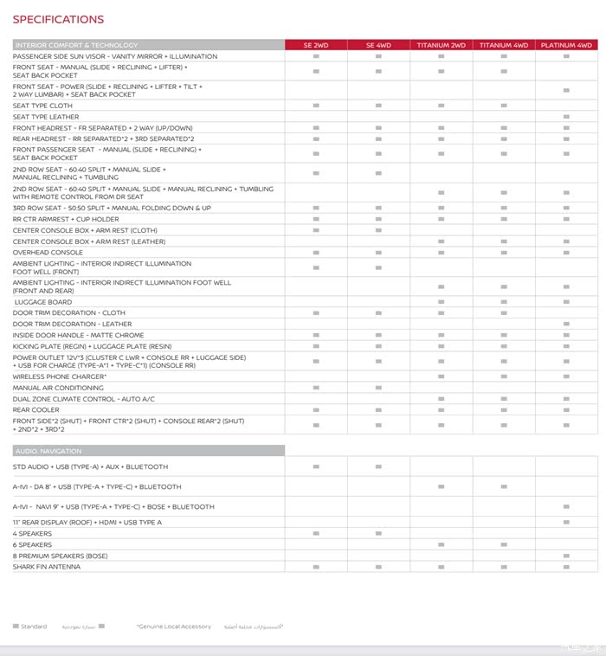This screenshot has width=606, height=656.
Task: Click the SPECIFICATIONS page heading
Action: point(58,19)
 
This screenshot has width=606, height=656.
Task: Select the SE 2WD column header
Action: point(316,45)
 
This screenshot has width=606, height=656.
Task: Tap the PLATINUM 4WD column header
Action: point(566,45)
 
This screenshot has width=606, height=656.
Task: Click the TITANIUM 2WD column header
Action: point(441,45)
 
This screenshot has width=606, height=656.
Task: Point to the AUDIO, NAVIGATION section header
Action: point(48,451)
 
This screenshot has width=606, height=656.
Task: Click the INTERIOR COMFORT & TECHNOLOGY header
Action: point(77,45)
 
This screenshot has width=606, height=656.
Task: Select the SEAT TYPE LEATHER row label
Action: point(46,117)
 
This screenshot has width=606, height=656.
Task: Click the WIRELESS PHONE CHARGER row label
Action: point(60,377)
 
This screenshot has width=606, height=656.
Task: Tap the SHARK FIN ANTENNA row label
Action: point(47,567)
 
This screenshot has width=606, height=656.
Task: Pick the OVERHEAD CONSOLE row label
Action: point(48,253)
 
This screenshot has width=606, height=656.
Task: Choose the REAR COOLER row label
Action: point(36,410)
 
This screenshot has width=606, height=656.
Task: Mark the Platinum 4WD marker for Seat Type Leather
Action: point(566,117)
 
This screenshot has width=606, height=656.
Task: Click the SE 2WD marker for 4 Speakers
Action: point(316,534)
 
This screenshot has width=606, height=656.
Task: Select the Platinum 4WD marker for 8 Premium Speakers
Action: point(566,556)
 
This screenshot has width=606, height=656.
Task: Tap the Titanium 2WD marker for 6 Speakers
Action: point(441,545)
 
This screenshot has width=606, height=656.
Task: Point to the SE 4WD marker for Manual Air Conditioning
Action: point(378,389)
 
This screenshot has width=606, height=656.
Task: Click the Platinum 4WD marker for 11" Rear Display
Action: point(566,523)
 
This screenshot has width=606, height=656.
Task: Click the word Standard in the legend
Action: point(35,627)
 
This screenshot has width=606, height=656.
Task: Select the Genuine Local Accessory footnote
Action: point(173,627)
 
